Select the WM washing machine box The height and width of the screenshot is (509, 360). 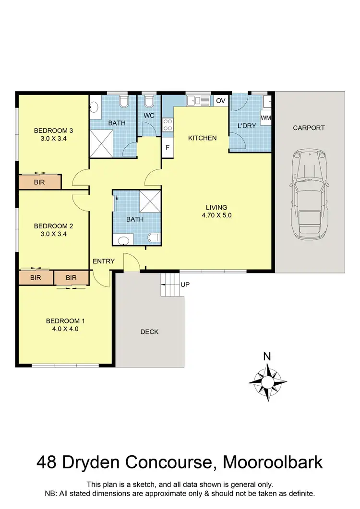[x=266, y=118]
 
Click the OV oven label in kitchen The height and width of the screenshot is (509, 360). [x=220, y=101]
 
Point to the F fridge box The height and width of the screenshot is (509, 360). [x=168, y=147]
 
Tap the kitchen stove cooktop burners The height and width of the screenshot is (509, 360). [x=168, y=125]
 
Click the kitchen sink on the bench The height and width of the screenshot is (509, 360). [x=198, y=100]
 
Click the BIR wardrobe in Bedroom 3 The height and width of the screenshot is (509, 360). [x=40, y=182]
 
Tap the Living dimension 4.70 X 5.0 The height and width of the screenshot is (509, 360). [x=216, y=215]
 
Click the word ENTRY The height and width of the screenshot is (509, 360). [x=104, y=261]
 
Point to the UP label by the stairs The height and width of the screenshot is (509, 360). [x=185, y=284]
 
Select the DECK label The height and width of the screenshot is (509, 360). [x=149, y=331]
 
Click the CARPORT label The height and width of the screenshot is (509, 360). [x=309, y=128]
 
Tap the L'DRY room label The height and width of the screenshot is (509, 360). [x=247, y=126]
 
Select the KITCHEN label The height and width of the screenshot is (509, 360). [x=202, y=138]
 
